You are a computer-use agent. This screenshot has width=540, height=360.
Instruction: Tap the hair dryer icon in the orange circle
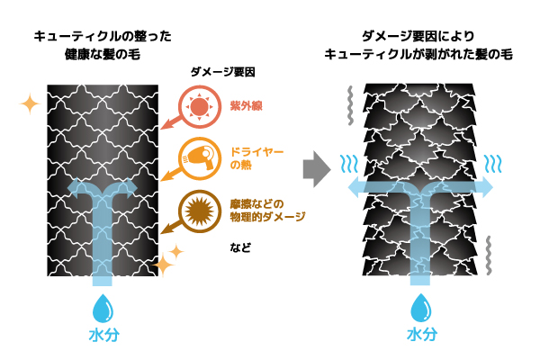[x=197, y=158]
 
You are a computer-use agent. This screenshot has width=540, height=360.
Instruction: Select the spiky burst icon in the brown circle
[x=197, y=209]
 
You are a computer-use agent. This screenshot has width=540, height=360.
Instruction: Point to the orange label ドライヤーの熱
[x=254, y=158]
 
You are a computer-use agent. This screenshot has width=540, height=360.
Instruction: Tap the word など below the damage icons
[x=239, y=247]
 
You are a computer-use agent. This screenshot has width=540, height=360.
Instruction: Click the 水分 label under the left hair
[x=103, y=337]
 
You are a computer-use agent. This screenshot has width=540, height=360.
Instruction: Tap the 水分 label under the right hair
[x=420, y=337]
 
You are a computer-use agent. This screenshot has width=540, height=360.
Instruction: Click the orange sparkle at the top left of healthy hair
[x=30, y=104]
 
